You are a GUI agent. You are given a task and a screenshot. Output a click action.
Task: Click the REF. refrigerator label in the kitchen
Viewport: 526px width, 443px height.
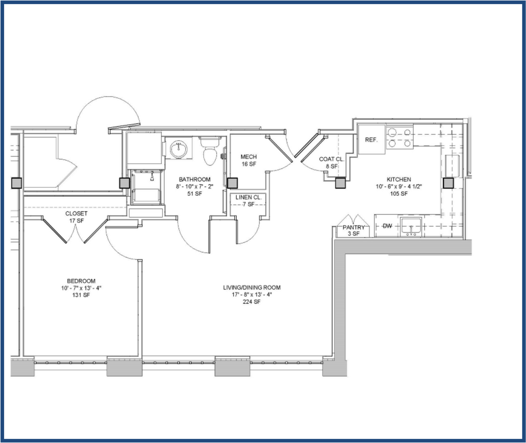[x=372, y=140]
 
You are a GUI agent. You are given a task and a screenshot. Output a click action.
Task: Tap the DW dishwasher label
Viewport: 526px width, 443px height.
[x=387, y=226]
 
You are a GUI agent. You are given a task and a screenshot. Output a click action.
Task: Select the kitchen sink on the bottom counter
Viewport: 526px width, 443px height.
[x=412, y=227]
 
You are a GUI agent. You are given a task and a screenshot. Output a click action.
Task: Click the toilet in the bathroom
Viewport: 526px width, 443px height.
[x=211, y=152]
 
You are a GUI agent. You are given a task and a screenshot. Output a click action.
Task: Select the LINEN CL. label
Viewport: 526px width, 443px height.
[x=248, y=197]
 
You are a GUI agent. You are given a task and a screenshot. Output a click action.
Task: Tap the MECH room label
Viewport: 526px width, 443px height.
[x=248, y=157]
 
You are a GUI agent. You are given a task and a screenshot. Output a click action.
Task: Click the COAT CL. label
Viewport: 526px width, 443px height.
[x=332, y=159]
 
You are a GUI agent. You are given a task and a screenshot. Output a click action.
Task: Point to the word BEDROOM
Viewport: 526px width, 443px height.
[x=81, y=281]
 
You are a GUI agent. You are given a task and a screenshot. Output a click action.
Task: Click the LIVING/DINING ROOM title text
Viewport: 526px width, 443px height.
[x=252, y=288]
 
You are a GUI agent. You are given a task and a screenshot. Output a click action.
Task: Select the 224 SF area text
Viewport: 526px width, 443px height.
[x=252, y=301]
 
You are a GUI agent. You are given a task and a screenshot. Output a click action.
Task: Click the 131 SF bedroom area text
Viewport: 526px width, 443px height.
[x=81, y=294]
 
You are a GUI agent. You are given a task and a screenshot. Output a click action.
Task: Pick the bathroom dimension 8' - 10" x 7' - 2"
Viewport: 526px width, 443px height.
[x=194, y=186]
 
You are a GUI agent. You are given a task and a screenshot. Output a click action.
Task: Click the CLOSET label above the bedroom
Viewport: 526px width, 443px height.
[x=77, y=214]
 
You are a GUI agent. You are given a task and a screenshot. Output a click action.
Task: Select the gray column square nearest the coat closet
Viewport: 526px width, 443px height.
[x=341, y=183]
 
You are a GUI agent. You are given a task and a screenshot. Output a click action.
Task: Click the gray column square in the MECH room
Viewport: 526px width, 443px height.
[x=232, y=183]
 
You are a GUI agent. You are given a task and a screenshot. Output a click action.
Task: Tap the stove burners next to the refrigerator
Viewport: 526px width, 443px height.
[x=399, y=138]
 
